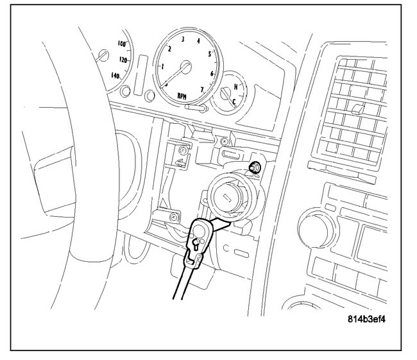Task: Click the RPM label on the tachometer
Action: (185, 96)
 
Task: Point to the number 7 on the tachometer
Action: (202, 89)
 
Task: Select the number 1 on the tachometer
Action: (163, 67)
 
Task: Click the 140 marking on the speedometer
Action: (115, 75)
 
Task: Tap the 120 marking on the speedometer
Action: (123, 60)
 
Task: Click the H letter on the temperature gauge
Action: (236, 87)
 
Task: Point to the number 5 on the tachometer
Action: (210, 55)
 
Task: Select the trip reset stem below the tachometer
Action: (196, 110)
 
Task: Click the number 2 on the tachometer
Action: (169, 49)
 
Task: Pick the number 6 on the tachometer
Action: (211, 73)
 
